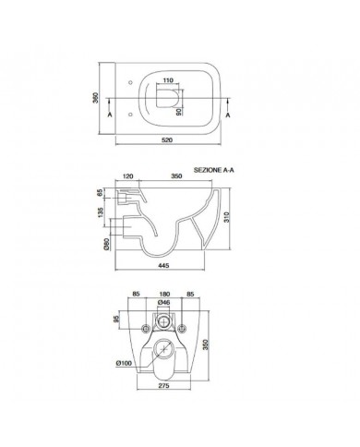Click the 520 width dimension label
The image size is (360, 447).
(x=167, y=140)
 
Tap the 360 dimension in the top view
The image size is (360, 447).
(x=96, y=98)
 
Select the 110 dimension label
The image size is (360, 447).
(x=168, y=80)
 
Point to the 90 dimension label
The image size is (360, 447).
(x=178, y=112)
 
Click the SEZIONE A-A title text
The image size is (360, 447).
(x=214, y=170)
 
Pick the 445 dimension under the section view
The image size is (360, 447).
(x=163, y=265)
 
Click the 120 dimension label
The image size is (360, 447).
(x=127, y=176)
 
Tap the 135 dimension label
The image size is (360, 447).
(x=101, y=212)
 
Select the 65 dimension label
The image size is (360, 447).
(x=100, y=193)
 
